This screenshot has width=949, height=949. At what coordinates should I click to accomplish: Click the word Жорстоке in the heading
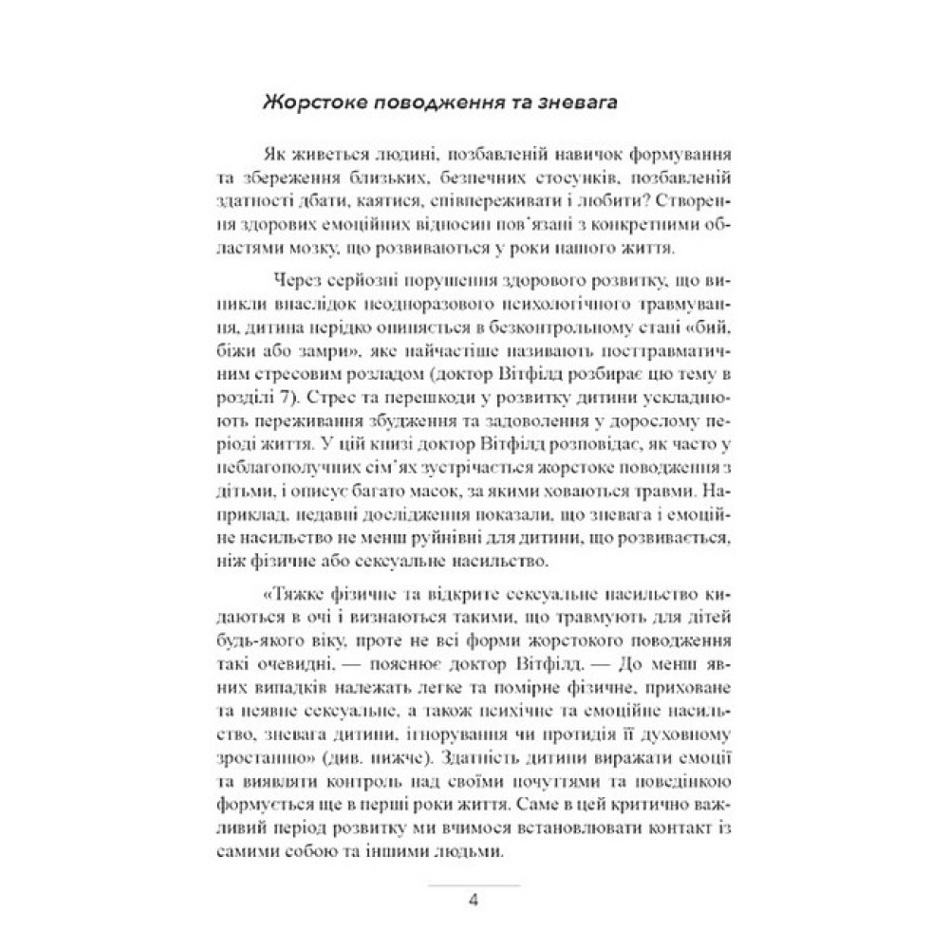point(307,103)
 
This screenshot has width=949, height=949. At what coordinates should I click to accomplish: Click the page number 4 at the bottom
point(474,898)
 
